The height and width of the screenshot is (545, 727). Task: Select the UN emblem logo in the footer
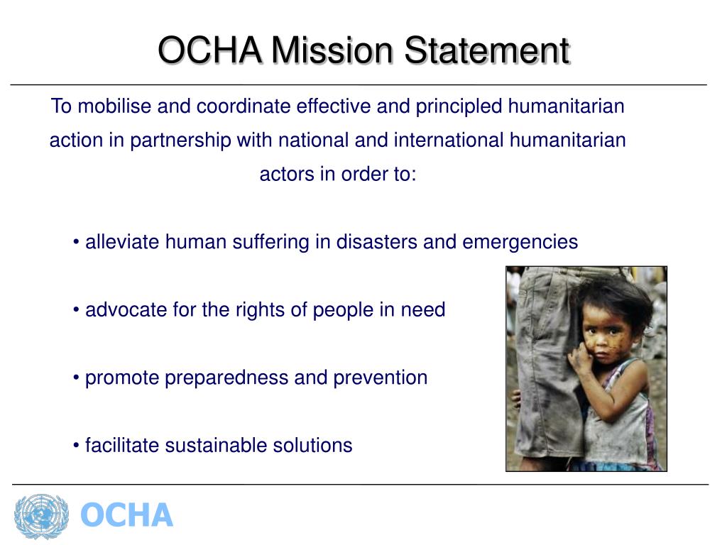[x=41, y=516]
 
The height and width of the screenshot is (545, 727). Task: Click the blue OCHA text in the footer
[x=126, y=516]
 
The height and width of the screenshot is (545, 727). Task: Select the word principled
[x=459, y=106]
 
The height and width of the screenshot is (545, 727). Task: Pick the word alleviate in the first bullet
[x=123, y=243]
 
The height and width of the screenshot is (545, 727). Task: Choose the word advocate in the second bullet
[x=123, y=310]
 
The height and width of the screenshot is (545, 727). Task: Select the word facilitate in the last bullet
[x=122, y=446]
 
